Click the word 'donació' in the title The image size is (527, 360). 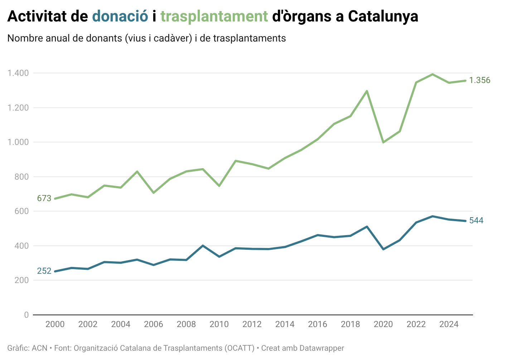[x=120, y=16]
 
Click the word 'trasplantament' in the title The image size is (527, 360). [x=214, y=16]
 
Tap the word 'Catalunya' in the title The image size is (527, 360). [x=383, y=16]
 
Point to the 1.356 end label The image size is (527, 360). [x=480, y=80]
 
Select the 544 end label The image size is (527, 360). [x=476, y=220]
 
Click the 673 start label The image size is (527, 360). [x=44, y=198]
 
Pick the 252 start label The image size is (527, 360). [x=44, y=271]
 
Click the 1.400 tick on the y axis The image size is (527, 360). [x=18, y=73]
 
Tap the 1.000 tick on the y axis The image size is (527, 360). [x=18, y=142]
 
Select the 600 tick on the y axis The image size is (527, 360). [x=21, y=211]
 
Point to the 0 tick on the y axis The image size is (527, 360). [x=26, y=315]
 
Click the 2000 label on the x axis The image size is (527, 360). [x=55, y=324]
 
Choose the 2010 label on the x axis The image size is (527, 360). [x=219, y=324]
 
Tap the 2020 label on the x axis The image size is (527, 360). [x=383, y=324]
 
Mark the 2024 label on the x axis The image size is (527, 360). [x=449, y=324]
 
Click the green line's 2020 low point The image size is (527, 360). [x=383, y=142]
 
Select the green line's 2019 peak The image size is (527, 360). [x=367, y=91]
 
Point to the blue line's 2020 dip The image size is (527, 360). [x=383, y=249]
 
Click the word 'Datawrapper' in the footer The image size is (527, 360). [x=321, y=348]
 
